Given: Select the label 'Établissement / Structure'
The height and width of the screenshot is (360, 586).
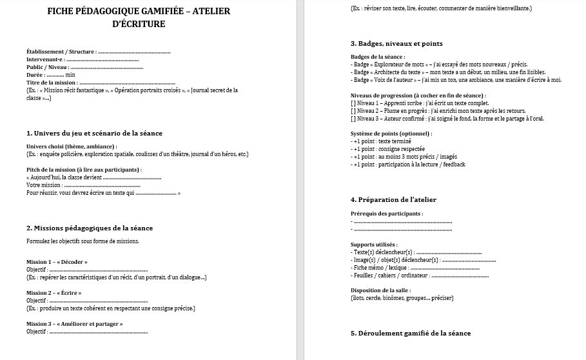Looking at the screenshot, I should click(61, 52).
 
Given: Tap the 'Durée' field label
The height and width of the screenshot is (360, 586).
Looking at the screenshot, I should click(35, 75).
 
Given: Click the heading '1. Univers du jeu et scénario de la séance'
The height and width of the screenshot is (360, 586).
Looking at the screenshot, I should click(94, 133).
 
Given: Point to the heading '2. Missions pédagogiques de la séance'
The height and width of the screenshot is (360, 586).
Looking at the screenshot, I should click(90, 228).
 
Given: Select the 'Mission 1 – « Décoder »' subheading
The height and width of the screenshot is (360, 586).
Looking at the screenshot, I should click(57, 262).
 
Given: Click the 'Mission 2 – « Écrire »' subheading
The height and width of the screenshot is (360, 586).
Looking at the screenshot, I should click(54, 293).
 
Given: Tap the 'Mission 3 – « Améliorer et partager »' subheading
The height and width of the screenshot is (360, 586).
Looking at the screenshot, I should click(74, 324).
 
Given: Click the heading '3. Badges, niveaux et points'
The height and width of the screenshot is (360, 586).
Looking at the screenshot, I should click(396, 44).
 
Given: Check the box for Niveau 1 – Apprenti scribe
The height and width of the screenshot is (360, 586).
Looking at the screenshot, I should click(353, 103).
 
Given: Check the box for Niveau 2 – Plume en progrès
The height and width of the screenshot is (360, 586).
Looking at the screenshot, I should click(353, 111).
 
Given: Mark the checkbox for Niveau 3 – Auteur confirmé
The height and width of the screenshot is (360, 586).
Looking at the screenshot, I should click(353, 119).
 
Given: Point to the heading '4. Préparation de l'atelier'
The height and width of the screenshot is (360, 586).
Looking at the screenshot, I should click(393, 199).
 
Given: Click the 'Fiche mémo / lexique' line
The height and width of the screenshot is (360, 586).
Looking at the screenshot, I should click(380, 268).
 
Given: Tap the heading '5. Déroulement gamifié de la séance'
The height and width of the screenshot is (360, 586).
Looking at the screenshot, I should click(411, 333).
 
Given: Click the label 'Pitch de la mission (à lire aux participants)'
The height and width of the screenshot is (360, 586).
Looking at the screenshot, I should click(83, 169).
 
